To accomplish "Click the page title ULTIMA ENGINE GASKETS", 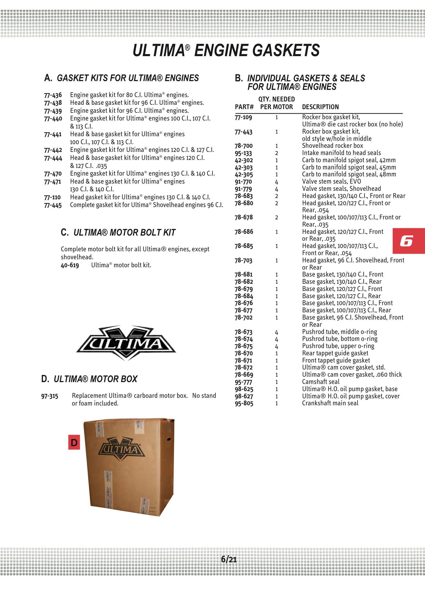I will [x=226, y=50].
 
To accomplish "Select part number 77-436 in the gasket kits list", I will [x=53, y=95].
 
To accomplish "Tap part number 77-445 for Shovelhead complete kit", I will [x=53, y=205].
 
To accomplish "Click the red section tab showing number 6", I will [x=408, y=241].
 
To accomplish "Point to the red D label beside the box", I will [x=74, y=443].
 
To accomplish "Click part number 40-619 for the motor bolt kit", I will [x=70, y=265].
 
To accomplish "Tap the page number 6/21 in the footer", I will [x=228, y=559].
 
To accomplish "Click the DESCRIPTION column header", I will [x=320, y=107].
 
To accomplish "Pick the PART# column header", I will [x=244, y=107].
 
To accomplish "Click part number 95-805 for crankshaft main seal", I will [x=244, y=403].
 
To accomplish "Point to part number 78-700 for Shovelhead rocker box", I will [x=243, y=146].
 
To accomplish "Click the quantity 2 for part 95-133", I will [x=277, y=153].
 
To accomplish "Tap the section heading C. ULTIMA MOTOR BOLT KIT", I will [x=118, y=233].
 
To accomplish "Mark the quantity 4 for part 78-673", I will [x=277, y=332].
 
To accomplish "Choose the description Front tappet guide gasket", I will [x=336, y=360].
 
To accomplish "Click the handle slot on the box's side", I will [x=169, y=439].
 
